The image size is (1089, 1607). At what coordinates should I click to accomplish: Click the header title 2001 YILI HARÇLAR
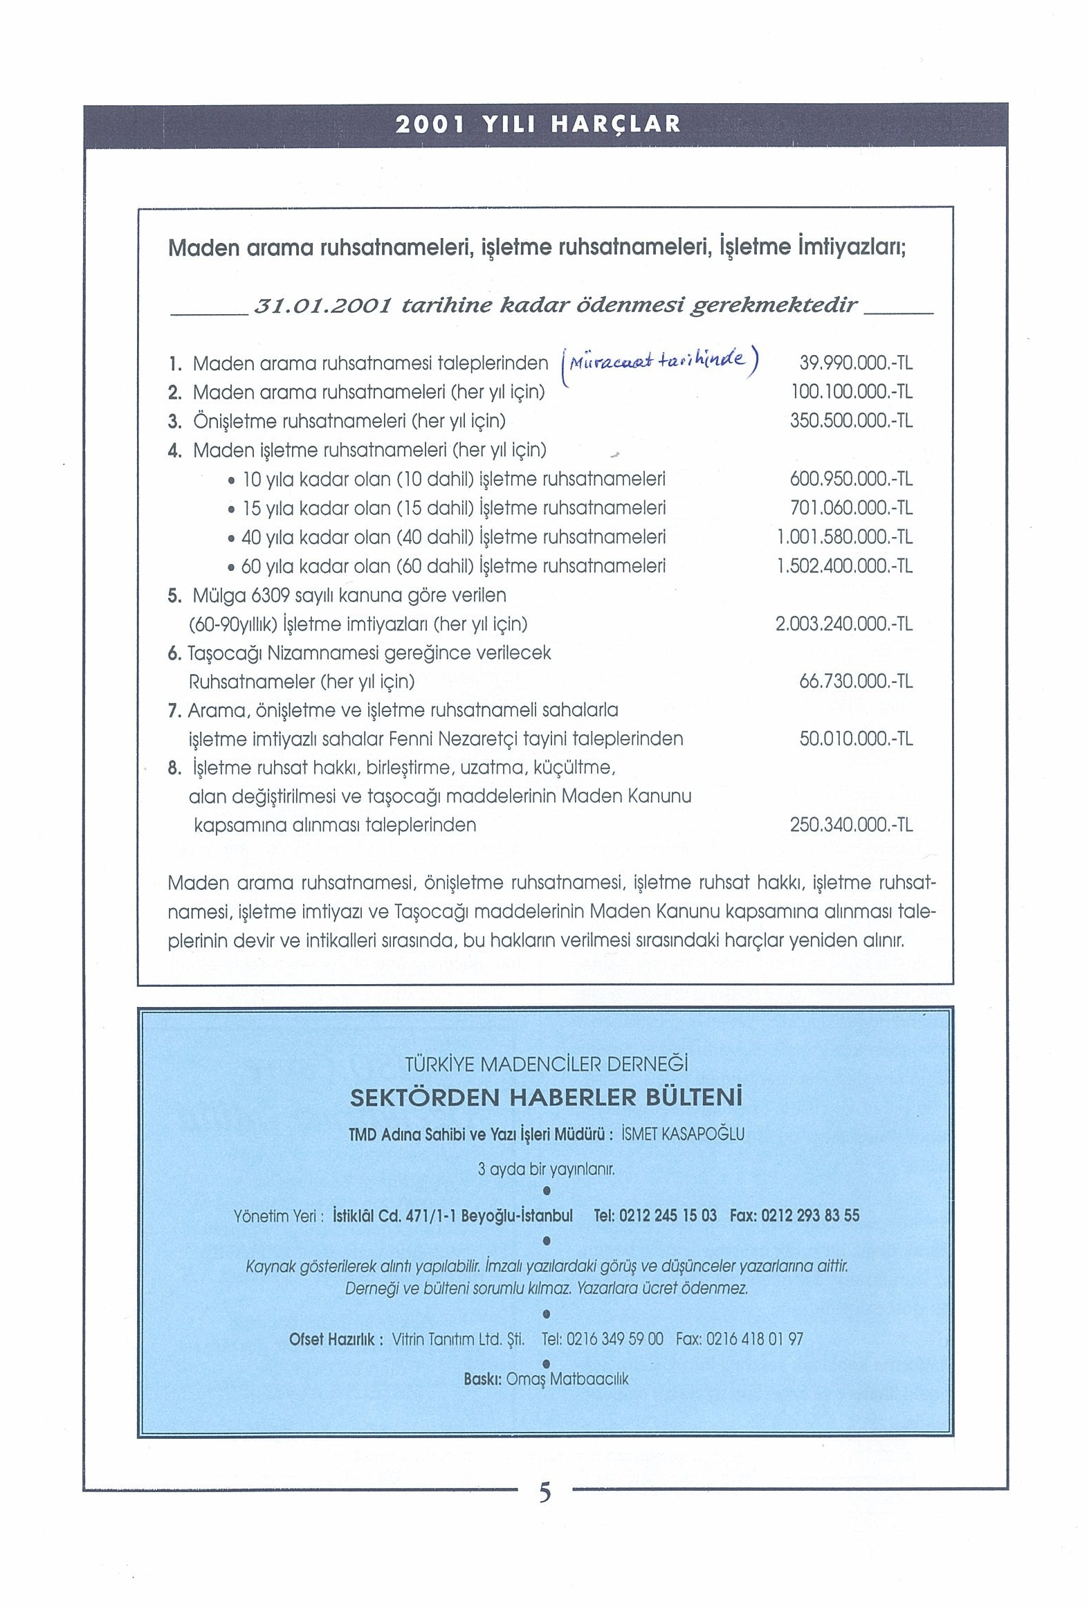click(538, 125)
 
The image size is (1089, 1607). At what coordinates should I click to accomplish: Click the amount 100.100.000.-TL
click(852, 392)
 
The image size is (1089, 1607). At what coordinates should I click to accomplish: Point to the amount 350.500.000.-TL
click(852, 421)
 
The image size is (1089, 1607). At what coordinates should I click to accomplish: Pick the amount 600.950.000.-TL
click(852, 479)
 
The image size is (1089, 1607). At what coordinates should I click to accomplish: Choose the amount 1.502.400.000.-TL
click(845, 567)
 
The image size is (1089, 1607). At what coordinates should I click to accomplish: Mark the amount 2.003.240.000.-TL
click(844, 624)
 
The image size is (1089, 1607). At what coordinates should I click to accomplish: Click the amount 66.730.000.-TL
click(856, 682)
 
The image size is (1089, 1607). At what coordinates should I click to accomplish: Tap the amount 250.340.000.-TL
click(852, 825)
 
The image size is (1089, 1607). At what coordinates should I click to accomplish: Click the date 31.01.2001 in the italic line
click(324, 305)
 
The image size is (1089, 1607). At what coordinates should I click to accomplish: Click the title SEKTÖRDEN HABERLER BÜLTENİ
click(547, 1097)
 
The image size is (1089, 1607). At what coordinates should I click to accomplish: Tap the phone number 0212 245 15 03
click(668, 1215)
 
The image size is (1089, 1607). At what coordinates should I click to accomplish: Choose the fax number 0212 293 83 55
click(810, 1215)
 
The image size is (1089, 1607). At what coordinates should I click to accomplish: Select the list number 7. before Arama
click(174, 711)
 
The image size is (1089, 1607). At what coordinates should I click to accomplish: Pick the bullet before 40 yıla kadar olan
click(231, 538)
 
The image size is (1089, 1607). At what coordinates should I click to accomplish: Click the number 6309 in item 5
click(270, 595)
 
